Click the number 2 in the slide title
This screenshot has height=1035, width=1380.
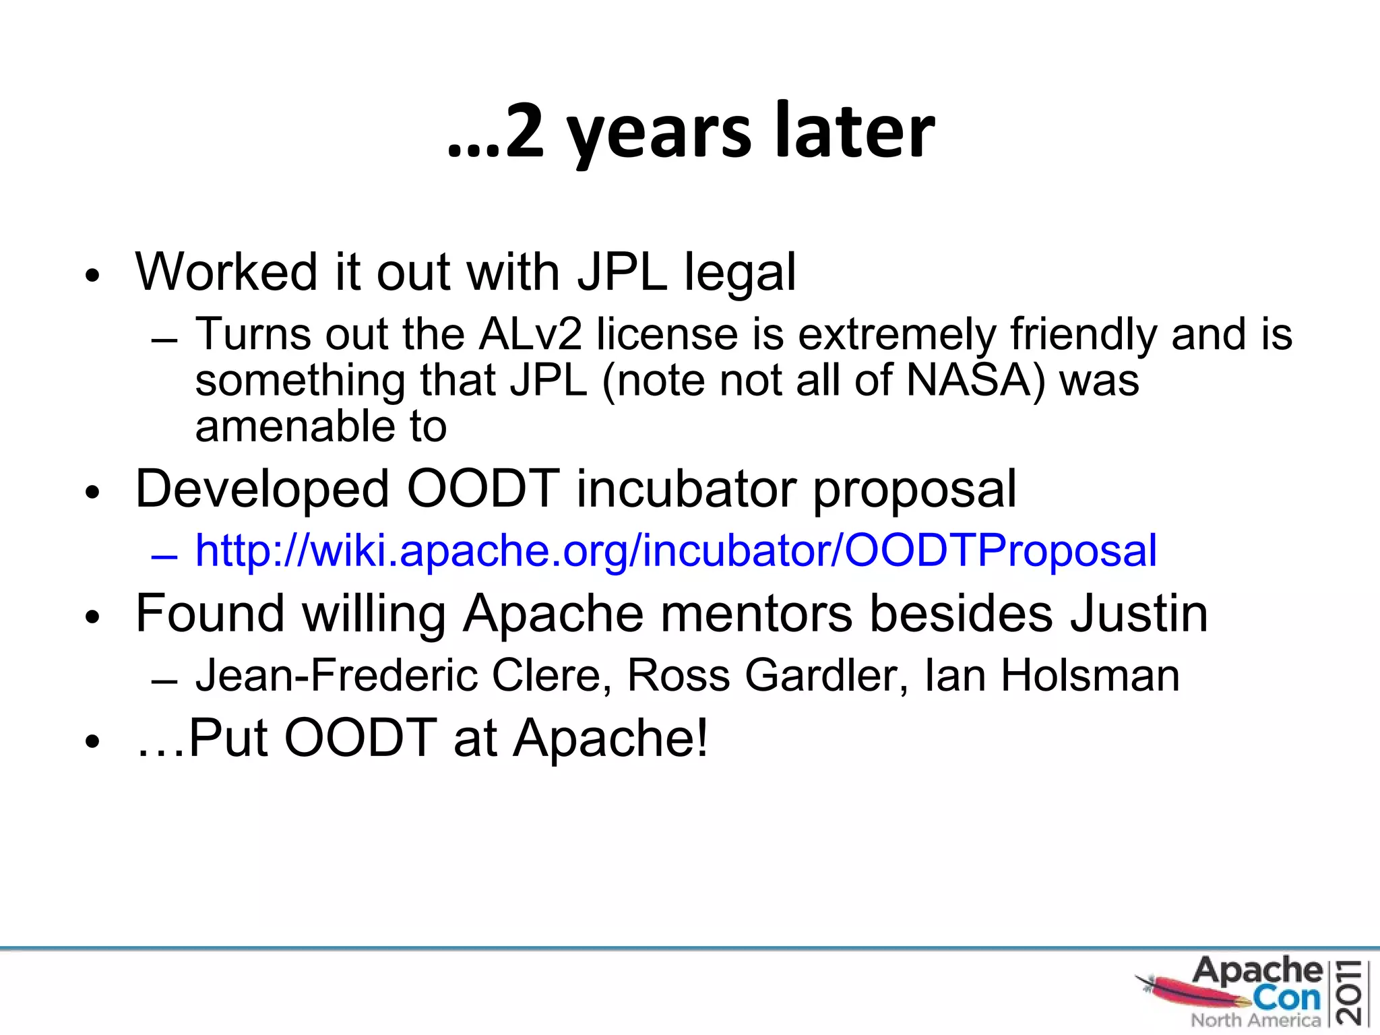coord(524,131)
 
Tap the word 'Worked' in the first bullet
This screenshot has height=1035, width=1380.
coord(226,272)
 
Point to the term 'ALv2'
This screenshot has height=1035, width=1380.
coord(530,334)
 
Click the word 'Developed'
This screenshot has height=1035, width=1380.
coord(262,489)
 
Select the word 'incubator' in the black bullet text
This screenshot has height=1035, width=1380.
coord(685,489)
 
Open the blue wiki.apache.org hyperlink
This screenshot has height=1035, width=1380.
coord(675,551)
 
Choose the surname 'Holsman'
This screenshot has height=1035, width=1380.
coord(1090,675)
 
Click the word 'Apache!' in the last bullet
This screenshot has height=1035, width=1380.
coord(610,739)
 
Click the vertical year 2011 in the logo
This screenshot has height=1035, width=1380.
coord(1351,993)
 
